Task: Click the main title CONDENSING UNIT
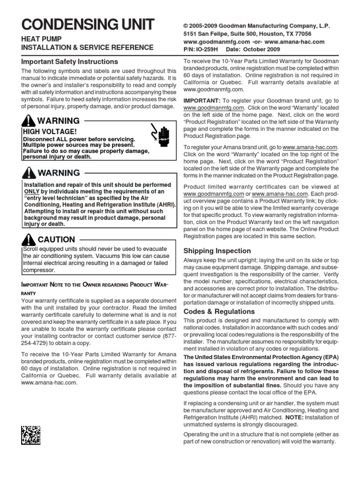click(x=88, y=25)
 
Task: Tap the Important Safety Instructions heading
click(x=70, y=61)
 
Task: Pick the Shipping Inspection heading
click(x=217, y=251)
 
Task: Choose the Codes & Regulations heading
click(x=219, y=311)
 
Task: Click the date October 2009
click(x=265, y=49)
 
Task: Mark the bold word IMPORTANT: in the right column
click(x=202, y=101)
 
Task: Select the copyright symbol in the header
click(x=185, y=26)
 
